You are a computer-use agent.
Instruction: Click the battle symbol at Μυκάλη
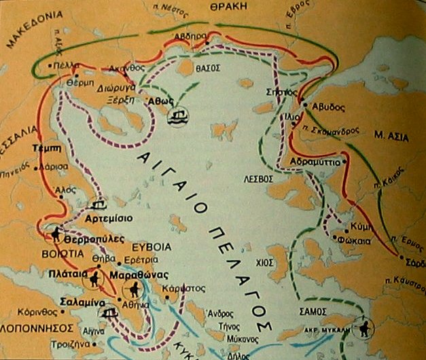[x=366, y=328]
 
